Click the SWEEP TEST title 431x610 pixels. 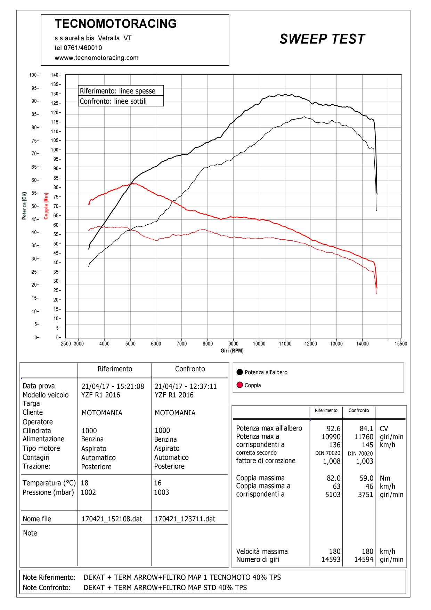pyautogui.click(x=322, y=39)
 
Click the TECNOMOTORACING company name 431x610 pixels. pyautogui.click(x=116, y=24)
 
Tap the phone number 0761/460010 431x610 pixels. pyautogui.click(x=83, y=48)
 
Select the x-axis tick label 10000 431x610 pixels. pyautogui.click(x=259, y=344)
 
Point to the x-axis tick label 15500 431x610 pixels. pyautogui.click(x=401, y=344)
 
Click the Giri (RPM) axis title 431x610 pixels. pyautogui.click(x=232, y=351)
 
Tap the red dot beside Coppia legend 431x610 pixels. pyautogui.click(x=239, y=385)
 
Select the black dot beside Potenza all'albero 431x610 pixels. pyautogui.click(x=239, y=372)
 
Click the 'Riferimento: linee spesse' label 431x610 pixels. pyautogui.click(x=117, y=91)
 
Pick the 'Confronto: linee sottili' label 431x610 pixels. pyautogui.click(x=113, y=101)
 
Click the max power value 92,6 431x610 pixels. pyautogui.click(x=333, y=428)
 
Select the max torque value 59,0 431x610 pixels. pyautogui.click(x=366, y=478)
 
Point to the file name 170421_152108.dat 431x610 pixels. pyautogui.click(x=112, y=519)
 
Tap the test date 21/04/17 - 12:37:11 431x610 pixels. pyautogui.click(x=186, y=386)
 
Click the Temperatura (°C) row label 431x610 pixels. pyautogui.click(x=49, y=483)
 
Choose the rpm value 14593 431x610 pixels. pyautogui.click(x=331, y=560)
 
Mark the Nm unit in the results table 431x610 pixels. pyautogui.click(x=385, y=478)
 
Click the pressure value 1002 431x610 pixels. pyautogui.click(x=88, y=492)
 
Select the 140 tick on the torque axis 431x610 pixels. pyautogui.click(x=55, y=75)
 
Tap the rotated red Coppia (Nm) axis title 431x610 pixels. pyautogui.click(x=46, y=206)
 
